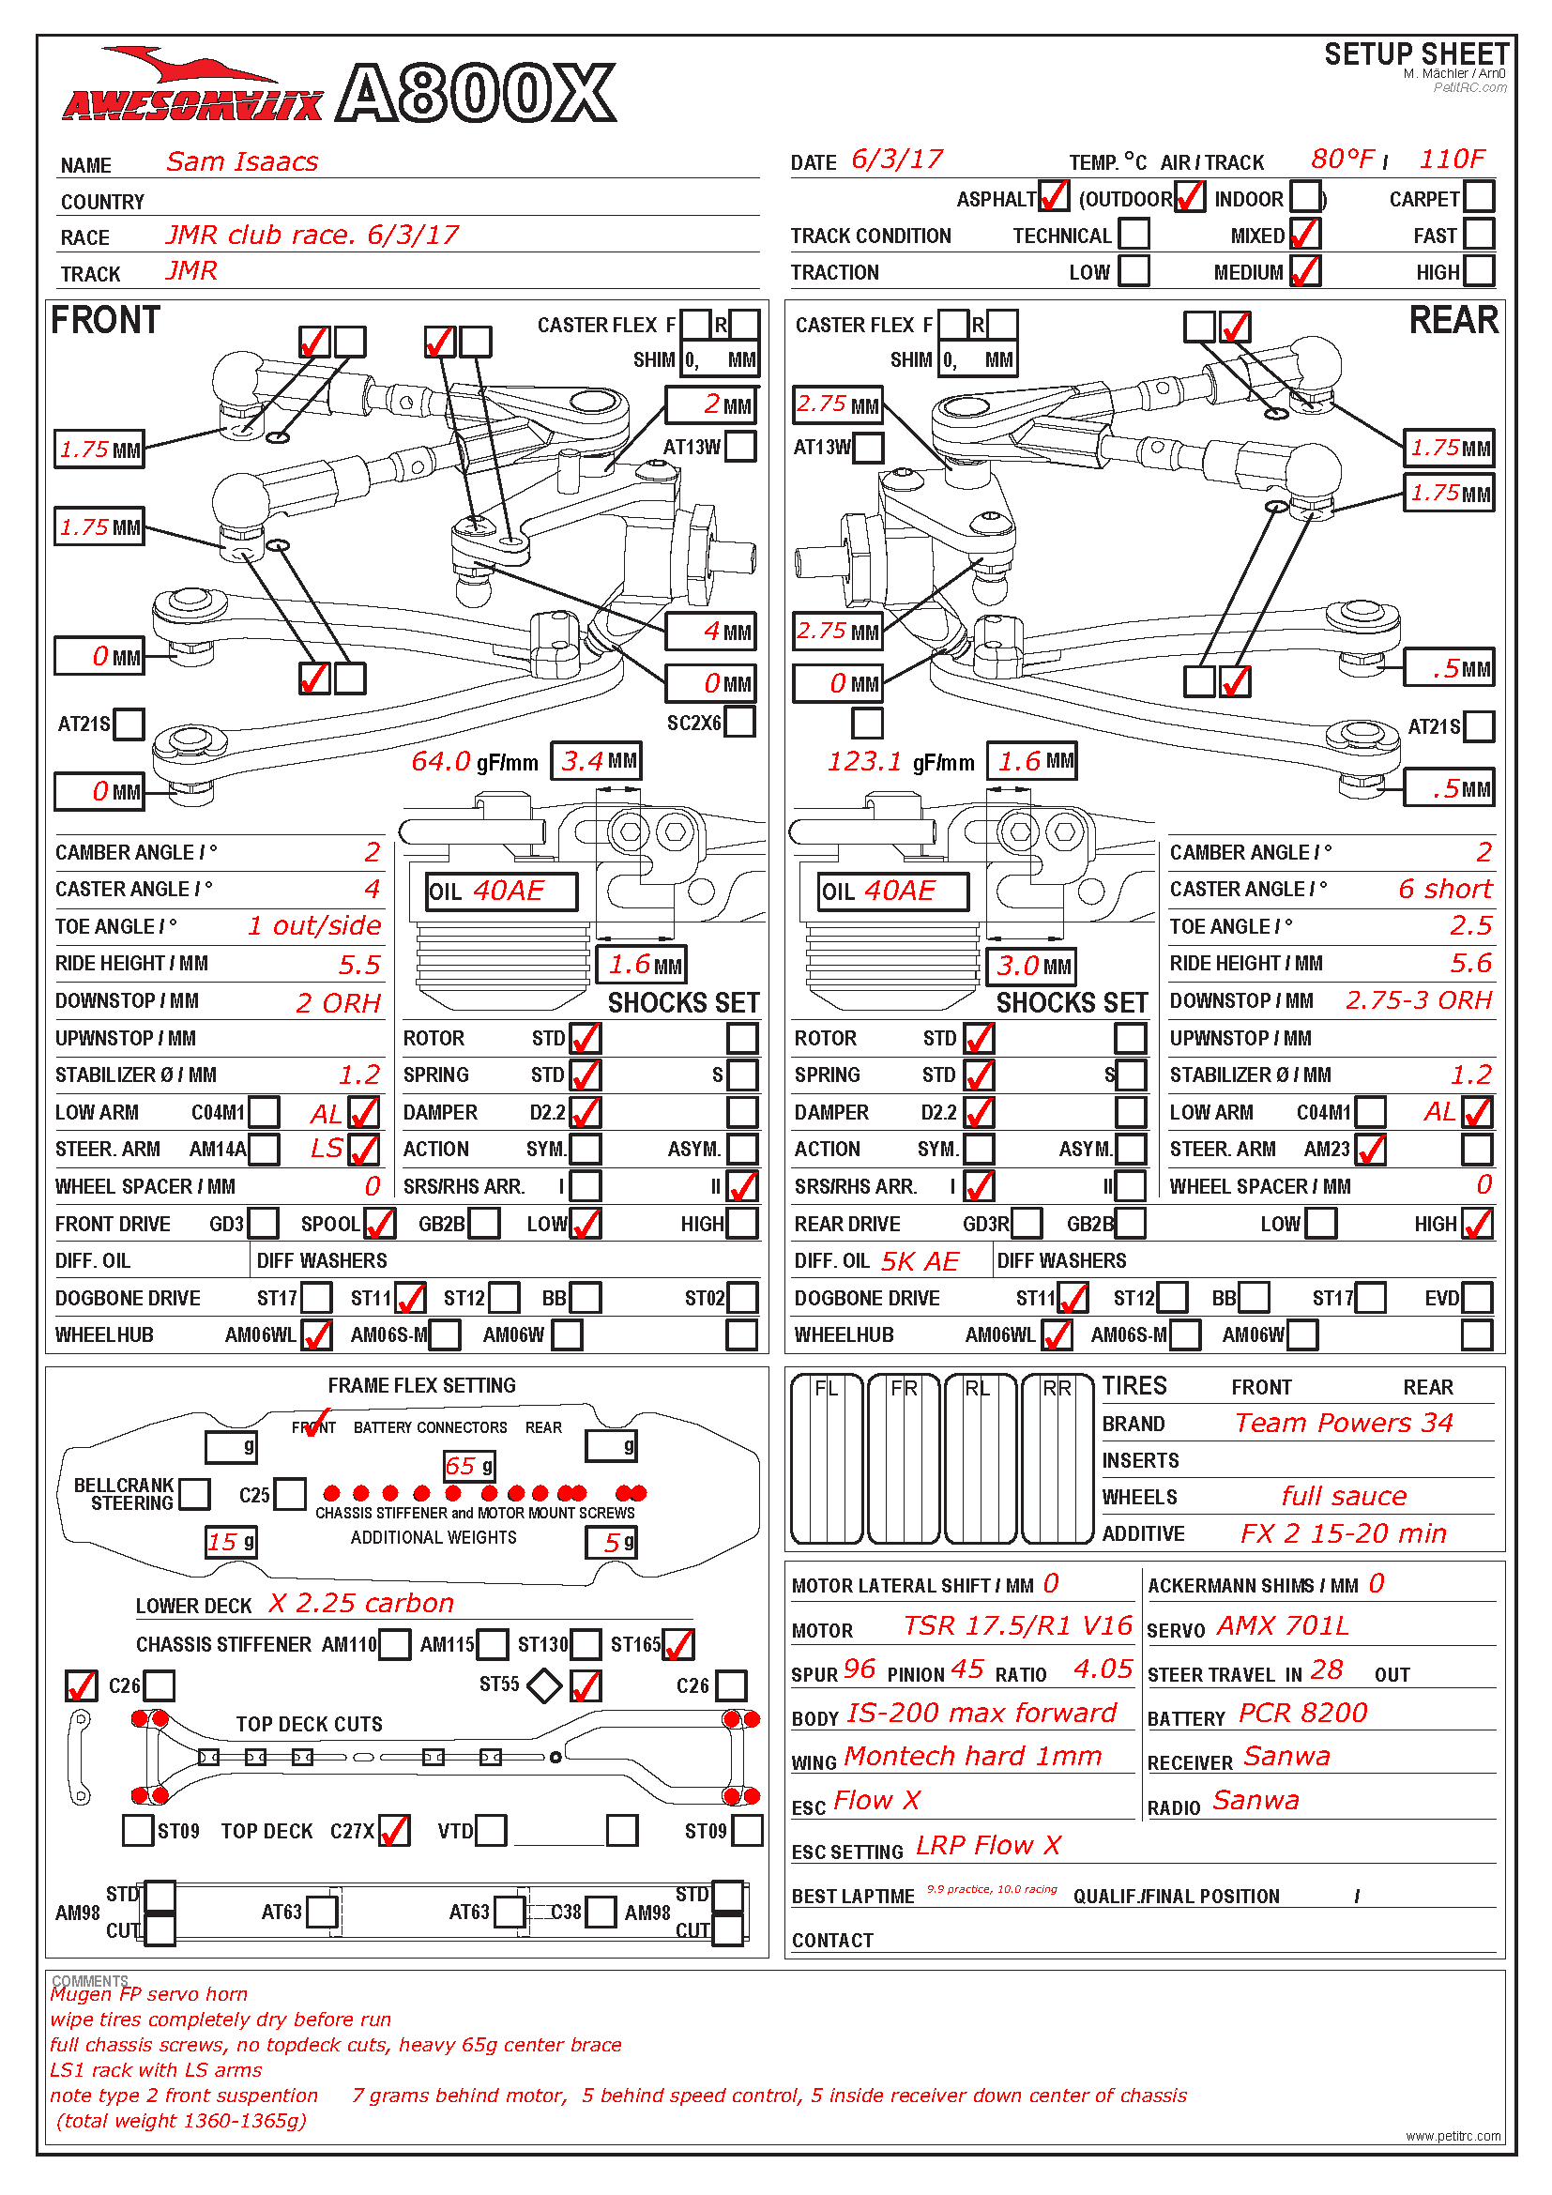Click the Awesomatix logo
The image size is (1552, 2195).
click(191, 91)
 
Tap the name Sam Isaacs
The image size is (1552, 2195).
click(242, 161)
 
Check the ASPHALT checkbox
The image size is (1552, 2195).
click(1053, 196)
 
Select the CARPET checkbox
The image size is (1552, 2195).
click(1479, 196)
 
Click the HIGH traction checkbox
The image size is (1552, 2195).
click(1479, 270)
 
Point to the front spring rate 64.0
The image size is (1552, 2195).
click(441, 761)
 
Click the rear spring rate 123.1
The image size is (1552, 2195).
click(864, 761)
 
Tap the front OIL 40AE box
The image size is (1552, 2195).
click(502, 891)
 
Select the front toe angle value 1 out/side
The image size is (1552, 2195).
click(313, 925)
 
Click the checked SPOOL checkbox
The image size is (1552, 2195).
click(379, 1223)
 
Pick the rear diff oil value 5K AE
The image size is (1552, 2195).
click(920, 1261)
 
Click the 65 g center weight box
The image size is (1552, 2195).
click(468, 1466)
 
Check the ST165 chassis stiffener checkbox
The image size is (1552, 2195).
click(677, 1644)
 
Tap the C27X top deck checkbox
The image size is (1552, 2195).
click(394, 1831)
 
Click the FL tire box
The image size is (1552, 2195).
click(827, 1458)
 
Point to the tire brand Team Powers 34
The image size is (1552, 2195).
click(1343, 1423)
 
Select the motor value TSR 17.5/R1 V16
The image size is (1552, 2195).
click(1017, 1626)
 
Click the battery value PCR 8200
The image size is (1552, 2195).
click(1302, 1714)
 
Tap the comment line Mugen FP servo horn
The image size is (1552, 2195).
click(149, 1994)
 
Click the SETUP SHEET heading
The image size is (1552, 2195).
click(1415, 54)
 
